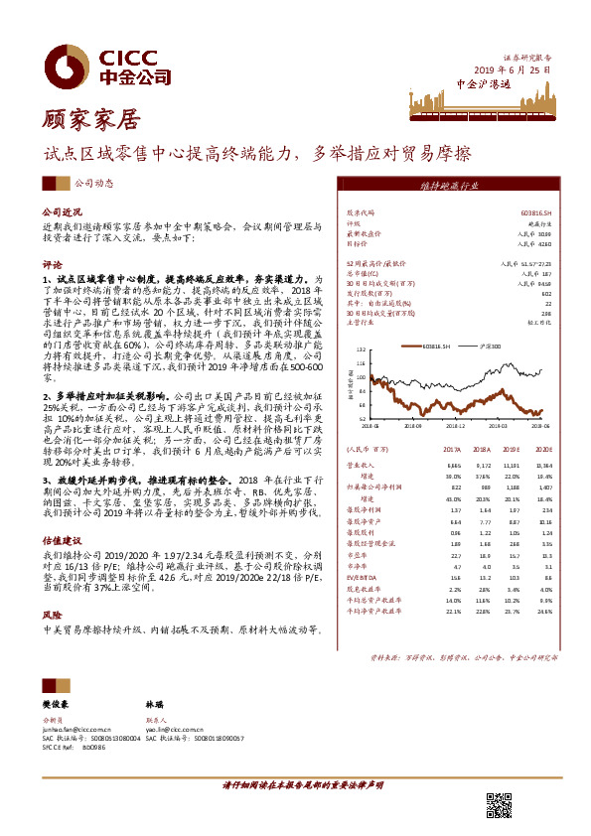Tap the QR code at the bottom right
pos(499,806)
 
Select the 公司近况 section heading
pos(59,212)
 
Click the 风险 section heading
pos(51,615)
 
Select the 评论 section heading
pos(51,265)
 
